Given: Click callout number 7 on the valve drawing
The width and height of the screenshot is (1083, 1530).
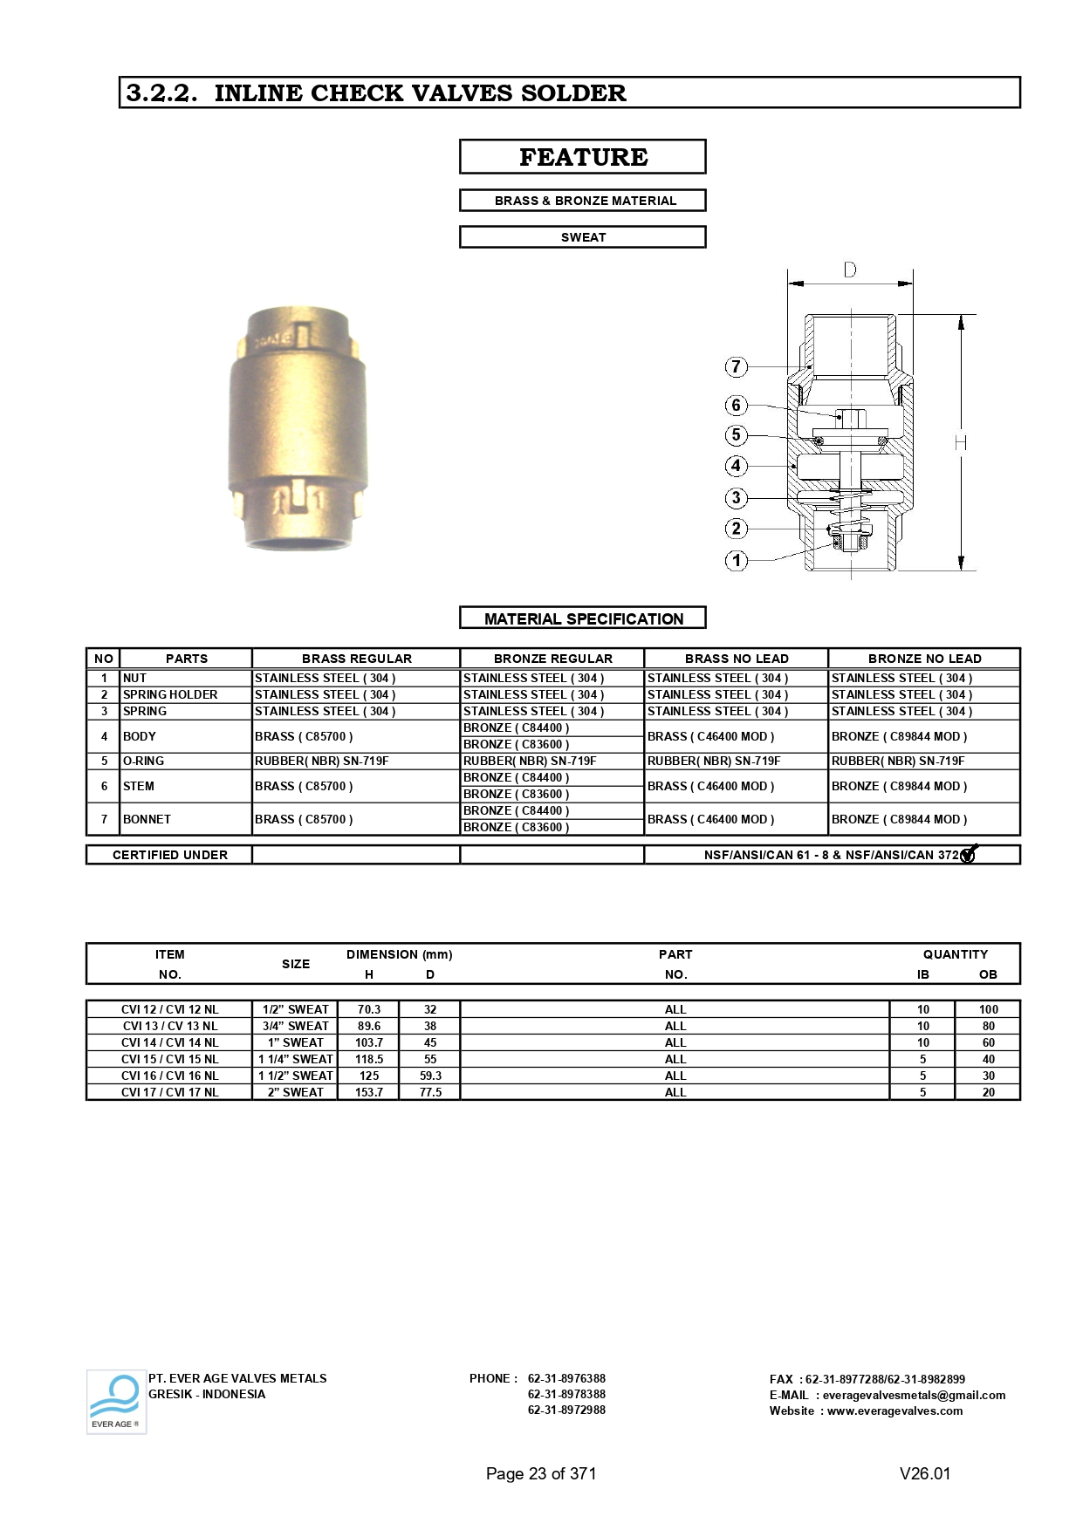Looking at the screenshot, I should click(736, 366).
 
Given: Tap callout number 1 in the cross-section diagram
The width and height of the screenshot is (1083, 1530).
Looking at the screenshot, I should click(736, 560).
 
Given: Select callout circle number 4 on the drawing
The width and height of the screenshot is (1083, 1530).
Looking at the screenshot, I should click(736, 466).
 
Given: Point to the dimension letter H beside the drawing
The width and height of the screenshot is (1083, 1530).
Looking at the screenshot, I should click(961, 443).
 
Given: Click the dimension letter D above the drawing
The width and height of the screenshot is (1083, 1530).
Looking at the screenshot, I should click(850, 270).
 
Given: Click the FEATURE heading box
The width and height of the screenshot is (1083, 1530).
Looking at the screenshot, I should click(582, 157).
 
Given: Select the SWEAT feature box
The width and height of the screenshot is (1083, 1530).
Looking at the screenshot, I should click(582, 237).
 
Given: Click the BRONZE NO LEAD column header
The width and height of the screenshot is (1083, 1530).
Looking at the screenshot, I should click(924, 659).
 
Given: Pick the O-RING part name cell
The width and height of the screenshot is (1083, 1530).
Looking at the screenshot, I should click(144, 761).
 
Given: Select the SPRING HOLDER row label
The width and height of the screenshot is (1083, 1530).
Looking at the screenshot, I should click(170, 694).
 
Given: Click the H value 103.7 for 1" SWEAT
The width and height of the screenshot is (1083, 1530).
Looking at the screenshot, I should click(369, 1042).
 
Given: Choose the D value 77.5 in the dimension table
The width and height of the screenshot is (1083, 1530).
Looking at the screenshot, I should click(430, 1092).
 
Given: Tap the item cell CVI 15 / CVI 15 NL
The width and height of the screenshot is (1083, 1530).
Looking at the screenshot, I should click(170, 1059).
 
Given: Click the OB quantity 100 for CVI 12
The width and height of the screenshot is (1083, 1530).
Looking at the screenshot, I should click(988, 1009).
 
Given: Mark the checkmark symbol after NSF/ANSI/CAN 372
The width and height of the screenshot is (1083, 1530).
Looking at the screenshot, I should click(969, 854).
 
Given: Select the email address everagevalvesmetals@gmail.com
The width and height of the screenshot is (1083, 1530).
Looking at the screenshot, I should click(914, 1395).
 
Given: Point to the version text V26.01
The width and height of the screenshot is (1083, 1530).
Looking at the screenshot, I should click(925, 1473).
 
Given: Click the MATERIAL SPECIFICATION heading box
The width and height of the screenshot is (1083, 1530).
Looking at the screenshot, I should click(582, 618).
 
